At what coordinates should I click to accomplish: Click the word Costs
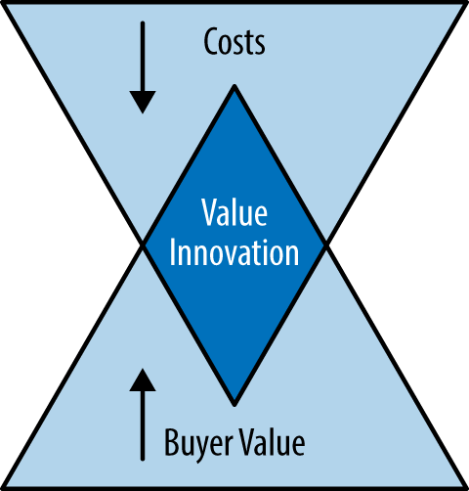point(234,42)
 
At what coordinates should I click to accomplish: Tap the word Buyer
point(198,443)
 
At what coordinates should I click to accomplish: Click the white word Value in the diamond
point(234,212)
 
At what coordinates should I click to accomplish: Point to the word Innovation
point(234,252)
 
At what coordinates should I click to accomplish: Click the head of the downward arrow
point(143,102)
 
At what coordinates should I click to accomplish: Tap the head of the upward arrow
point(143,379)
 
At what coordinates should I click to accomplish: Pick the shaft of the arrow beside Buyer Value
point(143,425)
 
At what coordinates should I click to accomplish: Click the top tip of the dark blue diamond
point(234,86)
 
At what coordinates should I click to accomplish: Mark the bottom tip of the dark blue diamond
point(234,405)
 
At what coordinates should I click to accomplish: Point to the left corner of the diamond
point(143,245)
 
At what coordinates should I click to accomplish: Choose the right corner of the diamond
point(326,245)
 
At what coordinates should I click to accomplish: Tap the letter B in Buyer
point(172,442)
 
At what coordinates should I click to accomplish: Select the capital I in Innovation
point(172,252)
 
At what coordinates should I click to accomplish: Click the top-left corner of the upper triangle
point(3,3)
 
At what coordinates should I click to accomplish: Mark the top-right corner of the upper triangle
point(466,3)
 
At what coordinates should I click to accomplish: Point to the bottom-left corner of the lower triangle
point(3,488)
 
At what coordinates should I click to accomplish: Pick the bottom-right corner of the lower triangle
point(466,488)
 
